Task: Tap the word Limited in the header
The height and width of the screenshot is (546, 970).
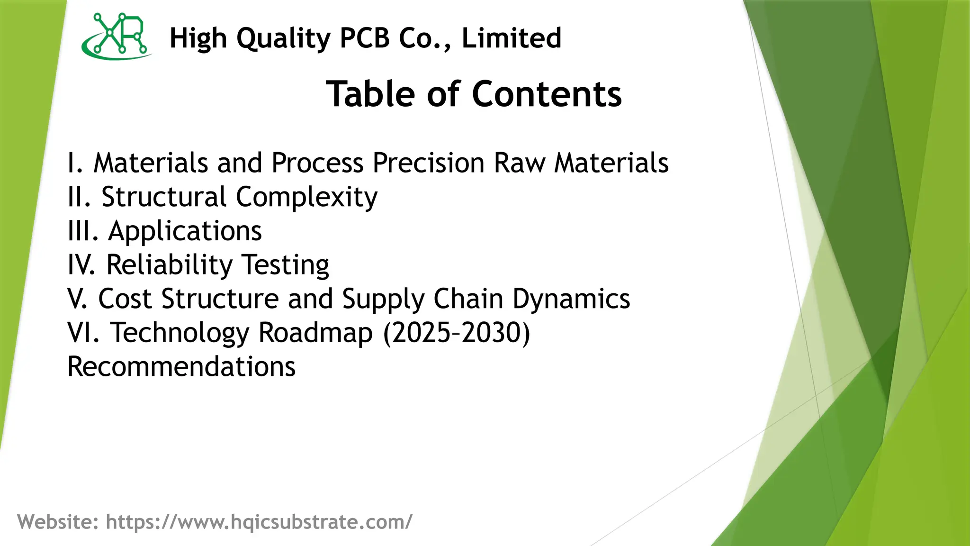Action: click(512, 38)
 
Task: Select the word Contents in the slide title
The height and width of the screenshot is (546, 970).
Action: click(547, 94)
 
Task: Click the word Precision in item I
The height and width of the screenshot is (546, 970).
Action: click(429, 163)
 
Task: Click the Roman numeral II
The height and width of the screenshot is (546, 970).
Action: click(79, 197)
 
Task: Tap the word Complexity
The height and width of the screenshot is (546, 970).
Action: click(306, 197)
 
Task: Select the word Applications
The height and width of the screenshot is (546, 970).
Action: click(185, 231)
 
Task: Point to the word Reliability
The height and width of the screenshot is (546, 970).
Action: click(169, 265)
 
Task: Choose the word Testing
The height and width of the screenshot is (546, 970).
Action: click(285, 265)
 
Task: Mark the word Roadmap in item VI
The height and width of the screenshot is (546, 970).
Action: click(315, 333)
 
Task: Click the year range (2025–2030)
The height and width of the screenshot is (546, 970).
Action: click(457, 333)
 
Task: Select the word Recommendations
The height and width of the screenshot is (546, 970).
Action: click(181, 367)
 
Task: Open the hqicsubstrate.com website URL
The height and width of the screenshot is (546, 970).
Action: click(259, 522)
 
